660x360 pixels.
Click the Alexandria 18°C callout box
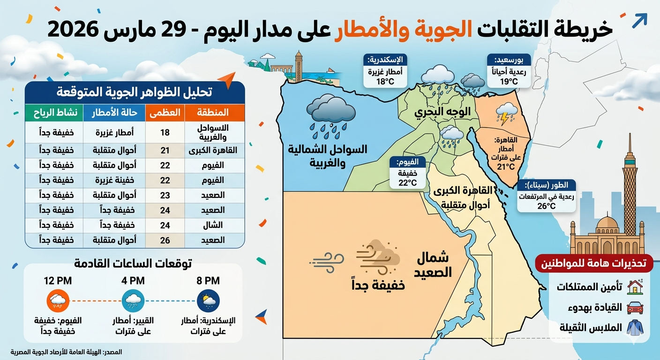pyautogui.click(x=385, y=71)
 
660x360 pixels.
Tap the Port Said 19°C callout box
pyautogui.click(x=509, y=71)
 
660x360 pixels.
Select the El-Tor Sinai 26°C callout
pyautogui.click(x=546, y=196)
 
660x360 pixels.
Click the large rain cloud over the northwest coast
pyautogui.click(x=331, y=112)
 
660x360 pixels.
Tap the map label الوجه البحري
pyautogui.click(x=435, y=112)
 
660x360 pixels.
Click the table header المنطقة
pyautogui.click(x=214, y=112)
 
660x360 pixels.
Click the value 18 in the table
pyautogui.click(x=165, y=133)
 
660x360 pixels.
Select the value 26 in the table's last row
pyautogui.click(x=165, y=240)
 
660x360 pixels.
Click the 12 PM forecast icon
pyautogui.click(x=58, y=300)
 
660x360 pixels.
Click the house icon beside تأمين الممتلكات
pyautogui.click(x=635, y=286)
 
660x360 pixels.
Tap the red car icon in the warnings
pyautogui.click(x=635, y=307)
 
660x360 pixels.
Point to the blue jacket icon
pyautogui.click(x=635, y=327)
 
